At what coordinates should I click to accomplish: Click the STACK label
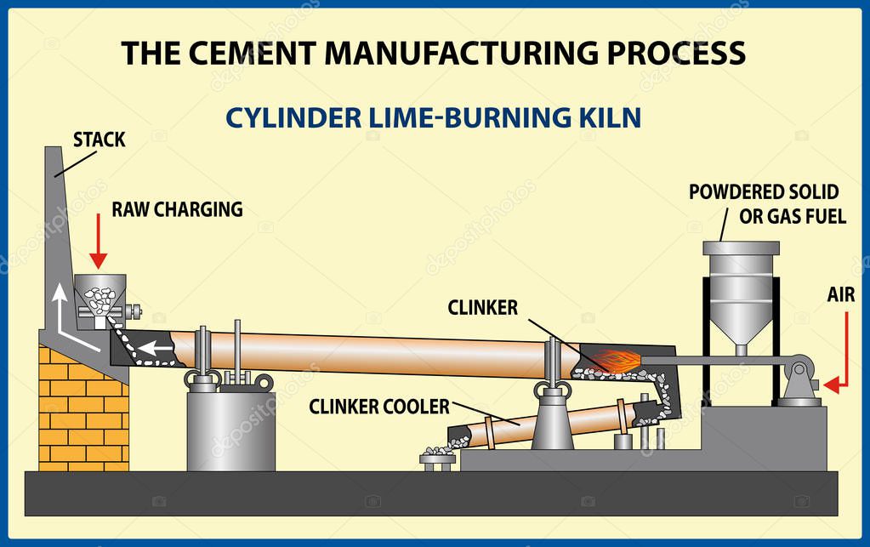99,140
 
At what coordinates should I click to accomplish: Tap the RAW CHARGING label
176,209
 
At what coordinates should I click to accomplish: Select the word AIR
847,295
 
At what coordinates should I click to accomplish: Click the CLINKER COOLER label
378,407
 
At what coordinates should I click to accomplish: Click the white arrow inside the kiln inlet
153,348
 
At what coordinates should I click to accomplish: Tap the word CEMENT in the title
247,53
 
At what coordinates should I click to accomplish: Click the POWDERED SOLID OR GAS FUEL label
763,204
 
